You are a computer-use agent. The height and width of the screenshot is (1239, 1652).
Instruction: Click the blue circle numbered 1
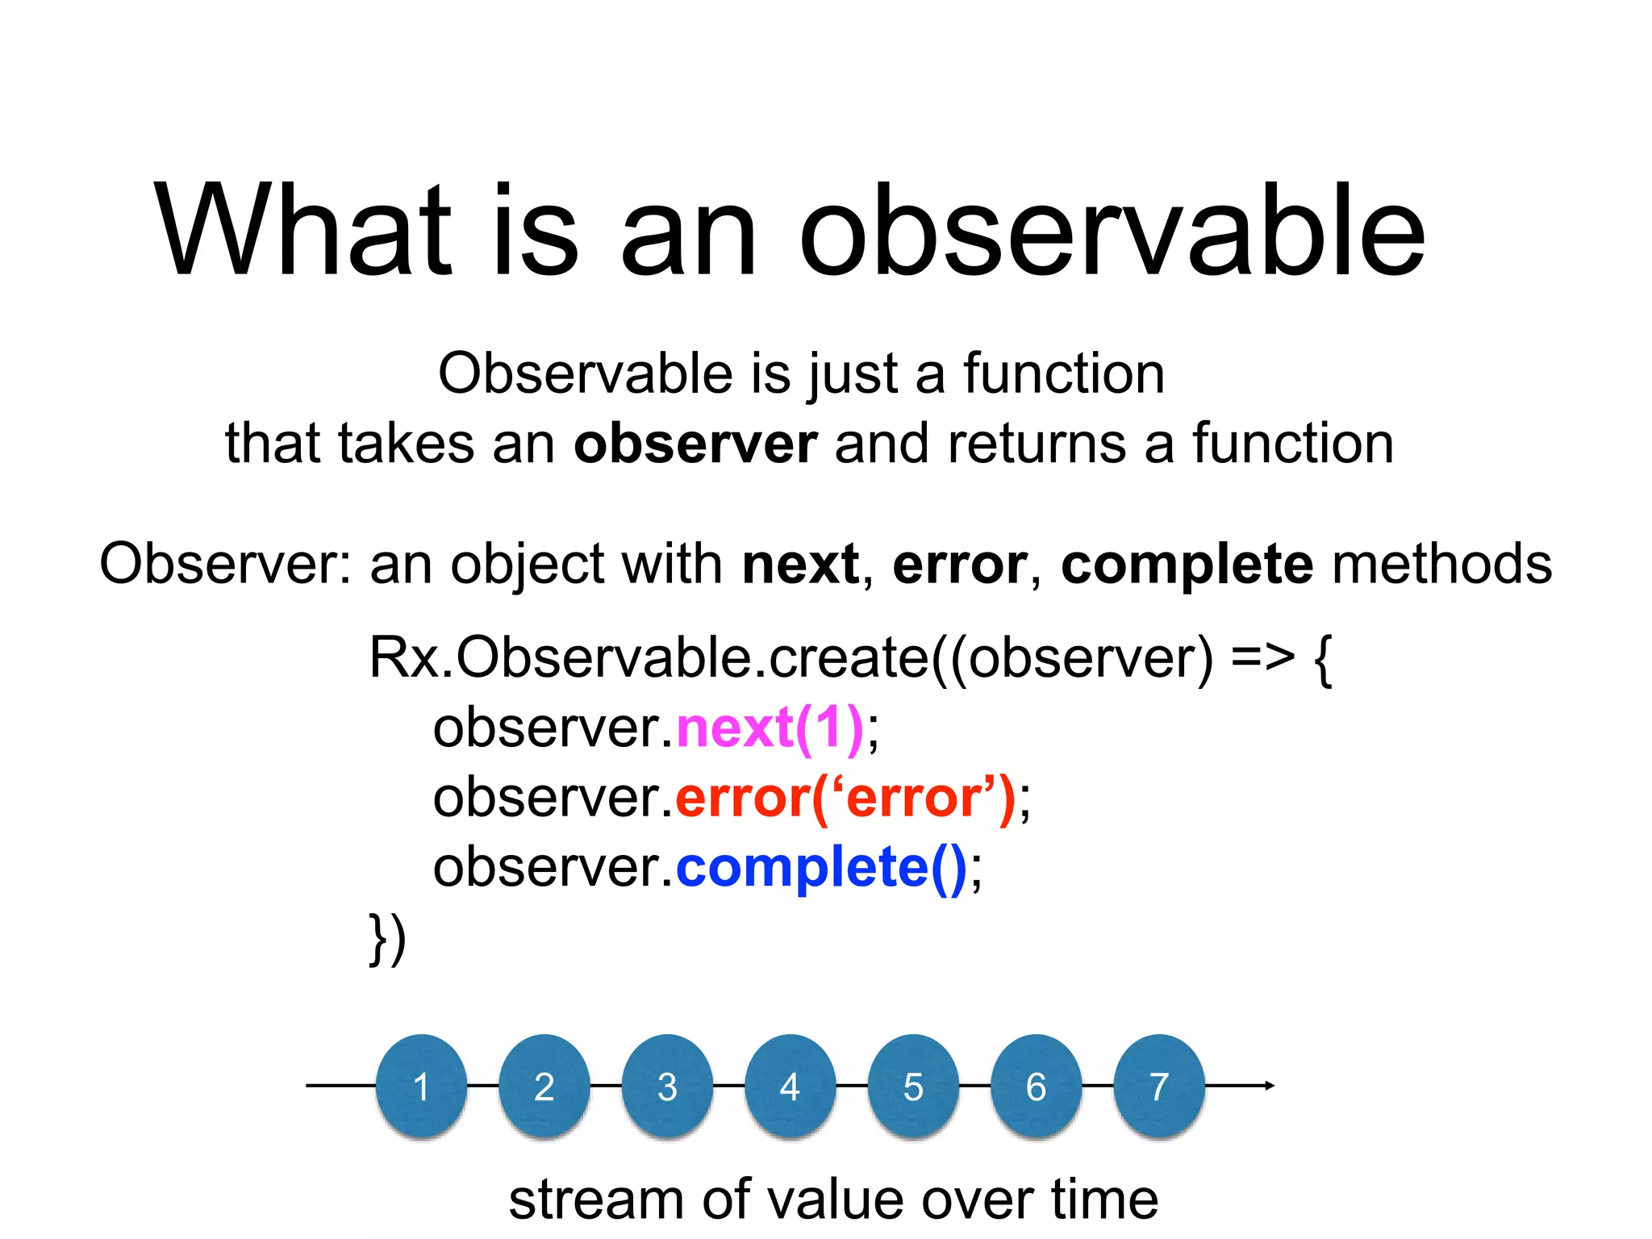pyautogui.click(x=421, y=1085)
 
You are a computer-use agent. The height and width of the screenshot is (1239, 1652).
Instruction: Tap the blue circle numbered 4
pyautogui.click(x=790, y=1085)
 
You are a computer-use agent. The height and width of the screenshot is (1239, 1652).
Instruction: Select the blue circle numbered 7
pyautogui.click(x=1158, y=1085)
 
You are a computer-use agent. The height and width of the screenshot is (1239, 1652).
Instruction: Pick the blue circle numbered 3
pyautogui.click(x=667, y=1085)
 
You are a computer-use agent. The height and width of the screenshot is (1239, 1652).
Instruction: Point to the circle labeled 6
pyautogui.click(x=1036, y=1085)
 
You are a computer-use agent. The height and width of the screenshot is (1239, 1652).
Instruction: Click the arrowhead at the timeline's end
pyautogui.click(x=1270, y=1085)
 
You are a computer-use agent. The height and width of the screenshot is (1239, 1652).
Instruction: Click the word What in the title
pyautogui.click(x=302, y=232)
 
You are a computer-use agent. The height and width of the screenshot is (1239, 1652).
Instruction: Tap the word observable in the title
pyautogui.click(x=1112, y=232)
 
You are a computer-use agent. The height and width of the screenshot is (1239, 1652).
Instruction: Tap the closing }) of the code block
pyautogui.click(x=387, y=938)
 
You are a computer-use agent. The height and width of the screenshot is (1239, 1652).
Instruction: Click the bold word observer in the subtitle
pyautogui.click(x=695, y=444)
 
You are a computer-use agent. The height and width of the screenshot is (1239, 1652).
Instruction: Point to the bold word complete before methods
pyautogui.click(x=1187, y=564)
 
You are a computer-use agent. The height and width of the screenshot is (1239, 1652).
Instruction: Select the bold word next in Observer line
pyautogui.click(x=800, y=564)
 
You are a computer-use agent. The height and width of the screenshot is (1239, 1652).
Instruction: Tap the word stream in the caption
pyautogui.click(x=596, y=1199)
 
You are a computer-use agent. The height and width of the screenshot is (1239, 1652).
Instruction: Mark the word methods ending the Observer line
pyautogui.click(x=1441, y=564)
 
